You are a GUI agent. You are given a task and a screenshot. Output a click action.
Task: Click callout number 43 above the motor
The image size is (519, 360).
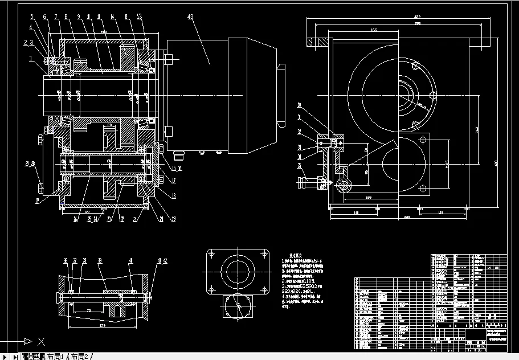pos(190,18)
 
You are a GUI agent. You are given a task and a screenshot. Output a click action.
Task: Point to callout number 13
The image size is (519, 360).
pos(140,17)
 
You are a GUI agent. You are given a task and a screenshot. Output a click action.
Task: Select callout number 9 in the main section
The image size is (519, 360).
pos(79,17)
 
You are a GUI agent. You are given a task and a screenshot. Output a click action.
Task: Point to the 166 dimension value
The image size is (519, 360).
pos(374,30)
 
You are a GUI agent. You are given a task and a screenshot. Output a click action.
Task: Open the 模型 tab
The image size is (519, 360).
pos(34,356)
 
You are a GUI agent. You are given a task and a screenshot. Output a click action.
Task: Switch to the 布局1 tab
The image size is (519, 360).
pos(55,356)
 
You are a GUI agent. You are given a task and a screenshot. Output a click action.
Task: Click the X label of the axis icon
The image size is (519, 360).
pos(41,342)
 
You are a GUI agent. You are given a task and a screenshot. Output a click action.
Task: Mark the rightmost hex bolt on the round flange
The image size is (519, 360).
pos(432,95)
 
